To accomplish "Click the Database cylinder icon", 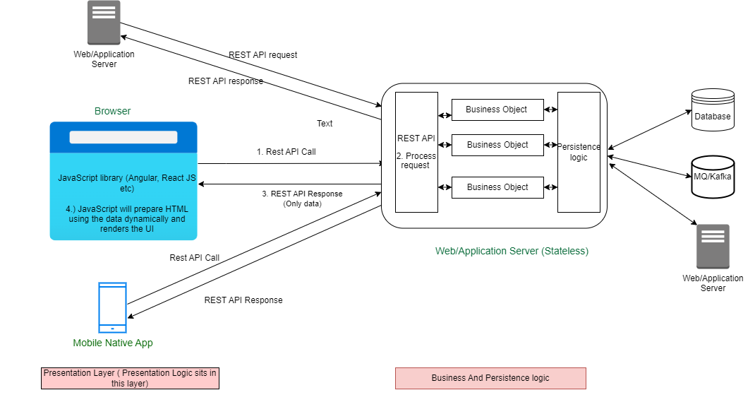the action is pos(713,110).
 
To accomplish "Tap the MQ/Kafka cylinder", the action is pos(713,177).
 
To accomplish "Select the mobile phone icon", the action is pos(112,307).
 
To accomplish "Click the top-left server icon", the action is pos(104,23).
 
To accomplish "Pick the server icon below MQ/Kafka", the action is pos(713,247).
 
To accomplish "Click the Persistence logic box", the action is pos(579,153).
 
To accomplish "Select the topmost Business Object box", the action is pos(497,110).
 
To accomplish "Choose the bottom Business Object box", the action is pos(497,187).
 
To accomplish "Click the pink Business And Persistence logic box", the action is pos(490,378).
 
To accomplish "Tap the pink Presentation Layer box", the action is pos(130,378).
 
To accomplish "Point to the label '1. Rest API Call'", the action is pos(286,152).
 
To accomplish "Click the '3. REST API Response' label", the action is pos(302,194).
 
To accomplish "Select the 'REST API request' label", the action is pos(263,55).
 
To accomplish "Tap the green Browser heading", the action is pos(113,111).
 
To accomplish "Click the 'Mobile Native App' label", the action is pos(113,343).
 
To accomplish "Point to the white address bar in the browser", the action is pos(123,137).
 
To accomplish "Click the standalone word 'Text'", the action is pos(325,124).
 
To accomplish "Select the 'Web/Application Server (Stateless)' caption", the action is pos(512,251).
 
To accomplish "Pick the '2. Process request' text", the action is pos(416,160).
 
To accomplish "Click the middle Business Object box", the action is pos(497,145).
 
